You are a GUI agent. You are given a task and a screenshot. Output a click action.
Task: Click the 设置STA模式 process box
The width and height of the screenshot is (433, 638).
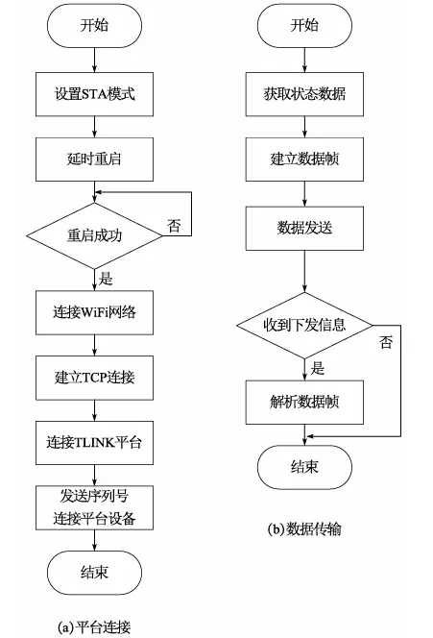tap(94, 96)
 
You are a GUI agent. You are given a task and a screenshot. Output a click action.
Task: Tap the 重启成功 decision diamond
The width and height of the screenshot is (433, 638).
tap(94, 234)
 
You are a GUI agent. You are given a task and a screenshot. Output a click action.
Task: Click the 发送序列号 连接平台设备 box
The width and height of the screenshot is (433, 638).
tap(94, 506)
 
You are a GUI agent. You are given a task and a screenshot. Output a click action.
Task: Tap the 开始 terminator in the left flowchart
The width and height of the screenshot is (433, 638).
tap(94, 27)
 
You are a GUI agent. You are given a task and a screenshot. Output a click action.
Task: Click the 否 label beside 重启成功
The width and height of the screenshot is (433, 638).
tap(174, 226)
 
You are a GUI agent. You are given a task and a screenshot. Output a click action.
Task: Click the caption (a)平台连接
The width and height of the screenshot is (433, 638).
tap(94, 626)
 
